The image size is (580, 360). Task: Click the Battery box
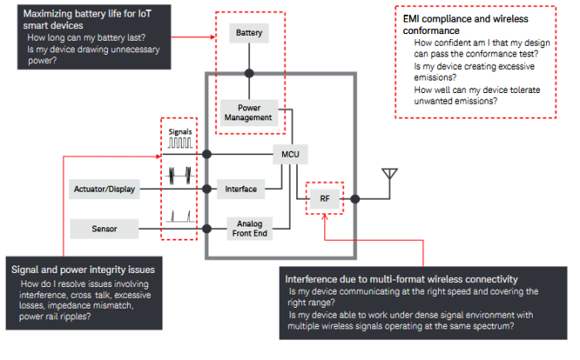click(249, 33)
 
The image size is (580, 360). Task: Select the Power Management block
click(249, 113)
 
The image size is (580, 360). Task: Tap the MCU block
click(290, 154)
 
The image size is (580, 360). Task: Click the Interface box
click(241, 189)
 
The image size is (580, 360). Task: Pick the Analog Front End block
click(250, 228)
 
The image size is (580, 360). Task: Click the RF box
click(324, 199)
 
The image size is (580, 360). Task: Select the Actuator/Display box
click(105, 189)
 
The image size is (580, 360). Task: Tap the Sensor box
click(105, 229)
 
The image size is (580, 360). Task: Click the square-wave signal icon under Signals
click(180, 143)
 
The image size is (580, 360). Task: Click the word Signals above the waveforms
click(180, 132)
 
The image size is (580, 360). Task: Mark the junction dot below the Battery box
click(249, 73)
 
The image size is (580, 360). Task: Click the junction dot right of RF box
click(355, 199)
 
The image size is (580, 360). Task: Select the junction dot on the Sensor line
click(207, 229)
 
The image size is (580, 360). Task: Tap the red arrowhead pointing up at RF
click(324, 216)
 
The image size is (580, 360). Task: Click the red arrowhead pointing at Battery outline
click(212, 37)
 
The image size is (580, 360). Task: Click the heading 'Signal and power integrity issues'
click(83, 270)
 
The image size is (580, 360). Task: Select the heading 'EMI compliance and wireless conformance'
click(465, 24)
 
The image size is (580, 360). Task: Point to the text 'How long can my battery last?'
click(86, 37)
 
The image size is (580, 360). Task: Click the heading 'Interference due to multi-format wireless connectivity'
click(402, 279)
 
